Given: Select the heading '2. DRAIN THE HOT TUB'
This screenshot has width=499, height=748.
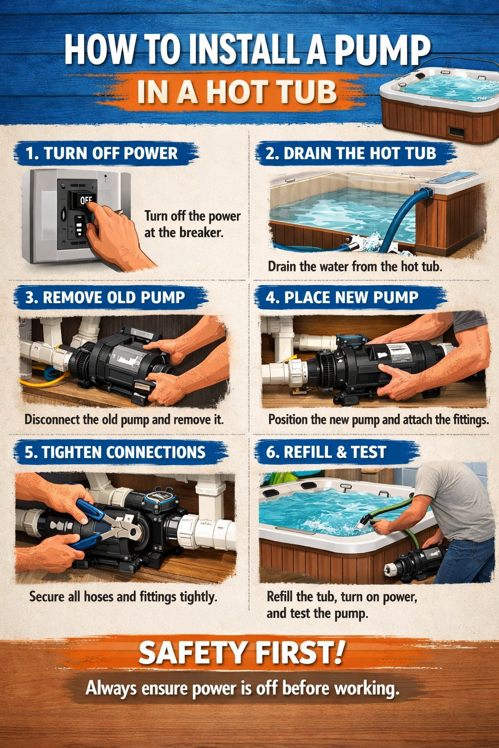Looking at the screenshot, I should coord(351,153).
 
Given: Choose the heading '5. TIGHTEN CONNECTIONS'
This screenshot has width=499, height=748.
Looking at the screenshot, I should coord(115,452).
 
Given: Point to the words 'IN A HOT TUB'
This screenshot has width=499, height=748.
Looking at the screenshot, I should coord(237,93).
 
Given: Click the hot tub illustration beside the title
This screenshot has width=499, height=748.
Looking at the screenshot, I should coord(439,105).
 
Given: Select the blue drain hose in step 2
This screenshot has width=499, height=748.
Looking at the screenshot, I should coord(400,219).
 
